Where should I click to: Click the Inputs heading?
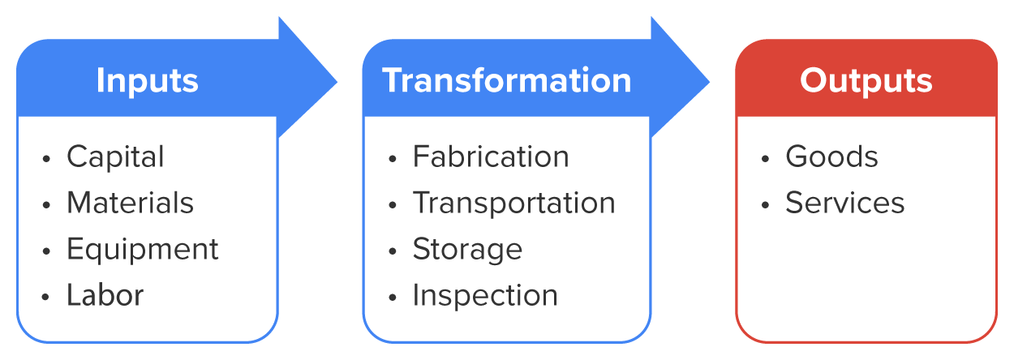(147, 81)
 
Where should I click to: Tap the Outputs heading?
(866, 81)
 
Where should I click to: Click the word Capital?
(115, 156)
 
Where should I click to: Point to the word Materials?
(130, 203)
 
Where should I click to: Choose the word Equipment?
(143, 249)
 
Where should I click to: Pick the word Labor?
(105, 295)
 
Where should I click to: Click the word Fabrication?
(491, 156)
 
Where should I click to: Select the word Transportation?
(513, 203)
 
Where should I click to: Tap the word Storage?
(467, 249)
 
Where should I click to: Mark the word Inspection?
(485, 295)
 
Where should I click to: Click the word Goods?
(831, 156)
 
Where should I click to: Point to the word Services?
(844, 203)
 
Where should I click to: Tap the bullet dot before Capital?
(46, 158)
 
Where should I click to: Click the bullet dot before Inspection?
(393, 297)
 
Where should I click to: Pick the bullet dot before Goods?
(765, 158)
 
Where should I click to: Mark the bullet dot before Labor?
(46, 297)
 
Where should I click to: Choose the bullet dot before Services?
(765, 204)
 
